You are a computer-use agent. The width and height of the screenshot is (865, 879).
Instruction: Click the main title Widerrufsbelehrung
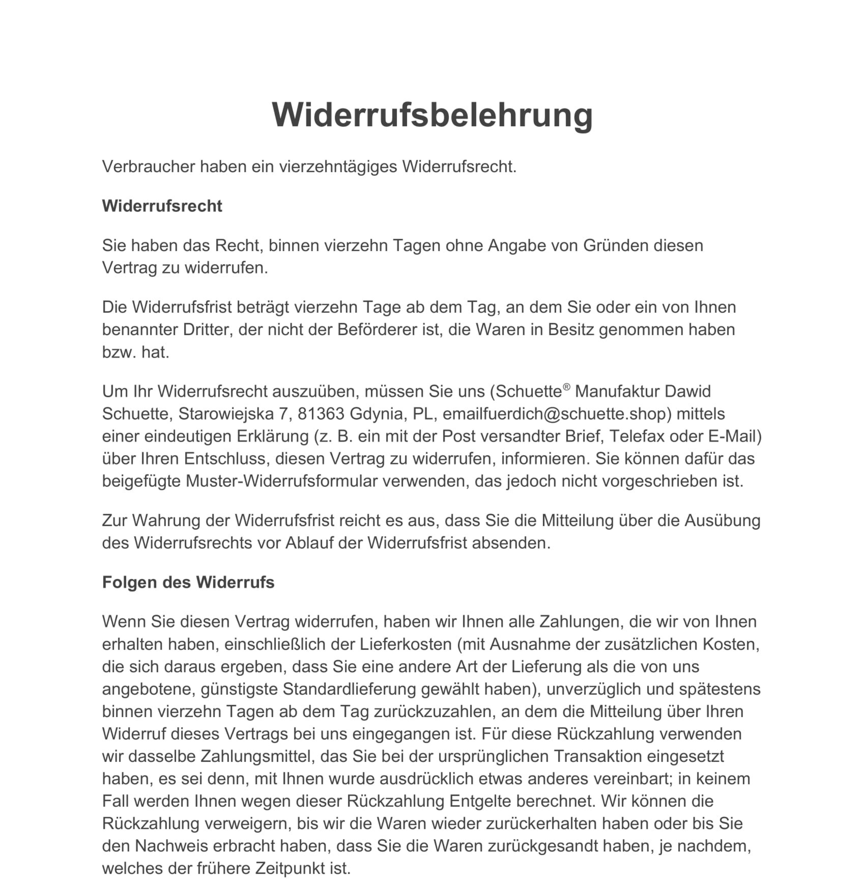click(432, 115)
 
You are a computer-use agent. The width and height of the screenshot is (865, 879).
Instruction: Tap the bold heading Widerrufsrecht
click(162, 206)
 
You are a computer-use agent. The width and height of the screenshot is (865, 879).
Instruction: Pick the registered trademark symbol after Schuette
click(566, 387)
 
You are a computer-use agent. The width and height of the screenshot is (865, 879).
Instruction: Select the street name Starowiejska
click(226, 414)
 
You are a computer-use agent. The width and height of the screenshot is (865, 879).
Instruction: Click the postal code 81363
click(321, 414)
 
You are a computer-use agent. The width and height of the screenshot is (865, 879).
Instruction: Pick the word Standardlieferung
click(349, 689)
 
